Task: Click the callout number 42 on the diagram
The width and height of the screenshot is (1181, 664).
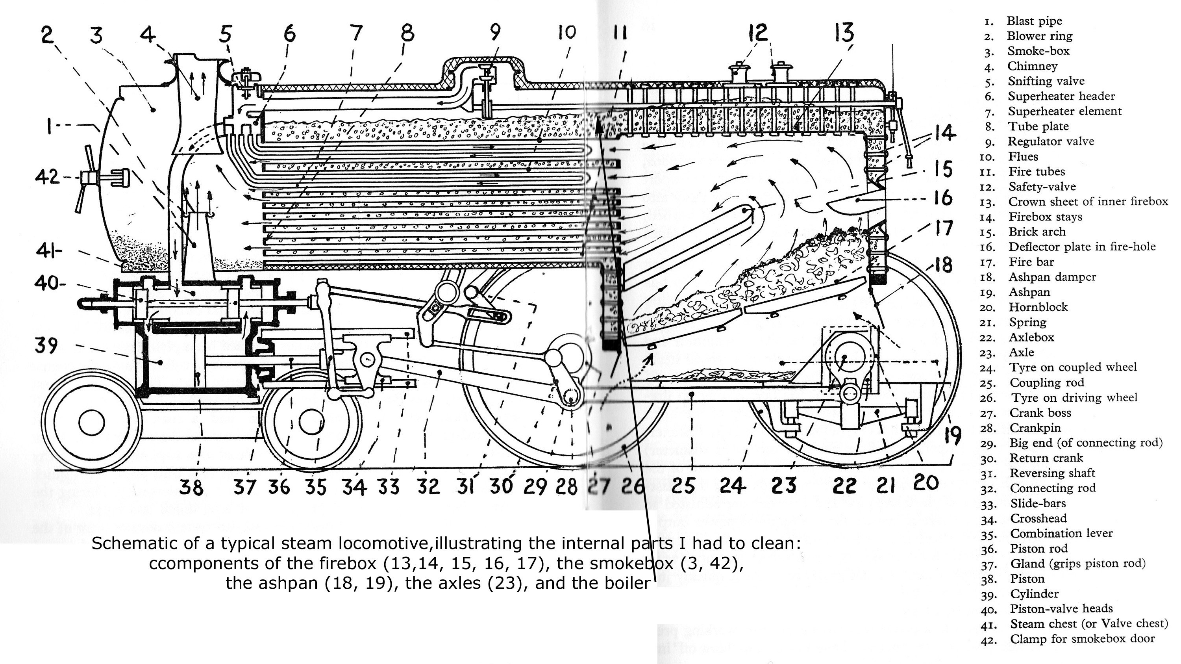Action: coord(47,176)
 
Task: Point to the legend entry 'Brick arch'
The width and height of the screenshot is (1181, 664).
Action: coord(1037,232)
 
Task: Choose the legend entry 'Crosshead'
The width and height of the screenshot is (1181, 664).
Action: coord(1038,518)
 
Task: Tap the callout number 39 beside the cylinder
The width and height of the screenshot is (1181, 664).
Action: coord(46,345)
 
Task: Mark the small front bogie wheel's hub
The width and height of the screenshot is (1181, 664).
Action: coord(91,422)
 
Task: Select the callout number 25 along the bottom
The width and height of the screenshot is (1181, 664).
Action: coord(683,485)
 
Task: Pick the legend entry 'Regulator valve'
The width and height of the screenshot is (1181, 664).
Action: coord(1051,141)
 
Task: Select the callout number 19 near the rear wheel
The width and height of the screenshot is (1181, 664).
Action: coord(953,434)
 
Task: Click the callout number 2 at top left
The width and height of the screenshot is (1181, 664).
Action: coord(47,34)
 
